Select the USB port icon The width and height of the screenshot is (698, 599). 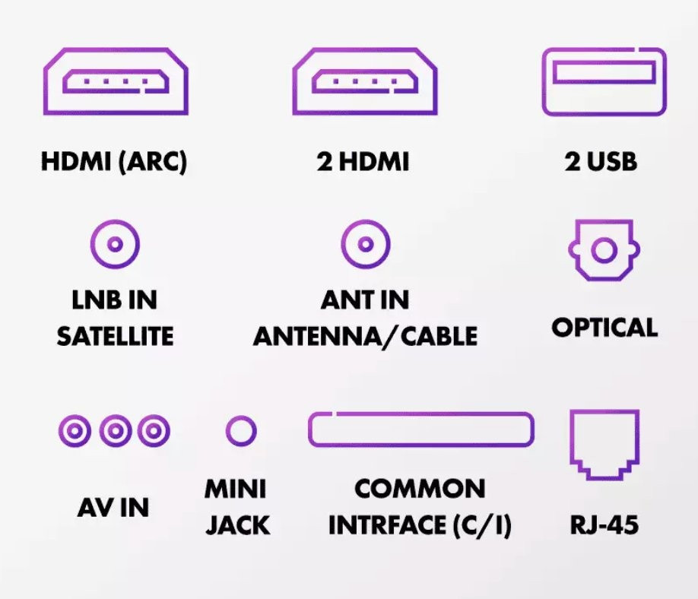[604, 81]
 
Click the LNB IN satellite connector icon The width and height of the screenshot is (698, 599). [115, 245]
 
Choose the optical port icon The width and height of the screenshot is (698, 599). [604, 251]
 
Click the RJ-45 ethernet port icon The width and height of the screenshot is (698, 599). [604, 444]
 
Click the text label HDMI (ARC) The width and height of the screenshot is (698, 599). [114, 162]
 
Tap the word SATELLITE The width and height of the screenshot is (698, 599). [115, 336]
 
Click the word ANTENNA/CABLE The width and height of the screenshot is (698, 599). [365, 336]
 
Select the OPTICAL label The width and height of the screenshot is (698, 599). [604, 328]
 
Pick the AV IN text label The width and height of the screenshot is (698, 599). [113, 508]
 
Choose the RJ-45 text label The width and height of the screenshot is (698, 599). [604, 525]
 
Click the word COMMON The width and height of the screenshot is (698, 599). [420, 489]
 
